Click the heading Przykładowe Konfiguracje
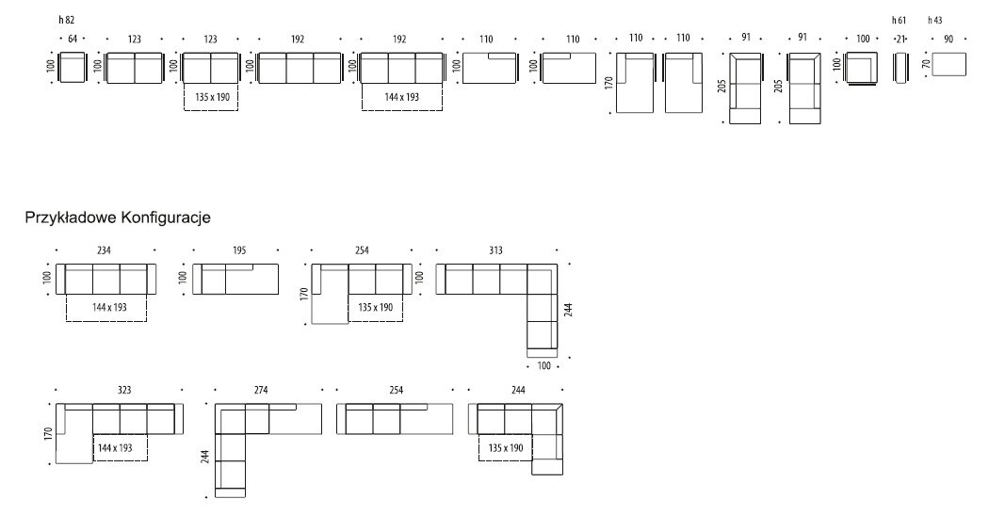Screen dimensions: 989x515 point(118,217)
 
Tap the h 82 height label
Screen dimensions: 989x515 point(66,20)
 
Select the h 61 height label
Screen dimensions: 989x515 point(899,20)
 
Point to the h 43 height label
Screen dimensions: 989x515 point(934,20)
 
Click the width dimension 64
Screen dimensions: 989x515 point(72,40)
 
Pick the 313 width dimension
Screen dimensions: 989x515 point(495,250)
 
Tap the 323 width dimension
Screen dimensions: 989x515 point(124,390)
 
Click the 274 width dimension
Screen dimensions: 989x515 point(261,390)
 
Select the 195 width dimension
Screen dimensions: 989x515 point(239,250)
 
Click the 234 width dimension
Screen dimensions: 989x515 point(104,250)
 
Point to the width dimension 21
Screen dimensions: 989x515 point(900,40)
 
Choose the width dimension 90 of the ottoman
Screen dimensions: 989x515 point(948,40)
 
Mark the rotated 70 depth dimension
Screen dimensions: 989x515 point(925,64)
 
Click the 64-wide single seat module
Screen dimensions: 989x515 point(71,67)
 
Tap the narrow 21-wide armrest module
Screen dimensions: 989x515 point(900,68)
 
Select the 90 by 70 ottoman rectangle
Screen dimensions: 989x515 point(948,64)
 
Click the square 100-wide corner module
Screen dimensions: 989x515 point(861,68)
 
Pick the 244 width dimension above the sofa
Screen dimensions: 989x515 point(518,390)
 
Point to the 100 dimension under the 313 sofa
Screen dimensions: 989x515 point(543,365)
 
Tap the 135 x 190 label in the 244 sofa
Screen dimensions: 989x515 point(505,447)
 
